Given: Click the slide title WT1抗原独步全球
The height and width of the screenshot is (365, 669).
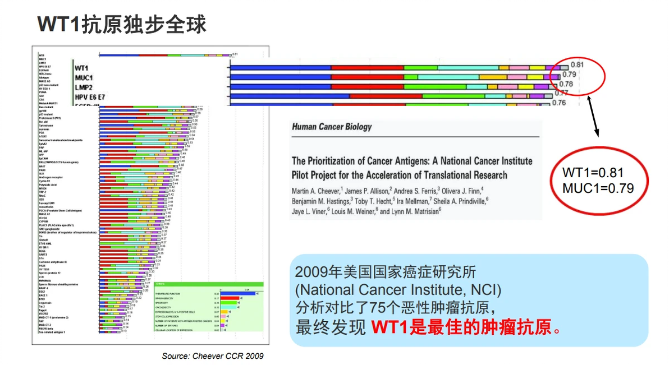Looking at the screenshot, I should (121, 24).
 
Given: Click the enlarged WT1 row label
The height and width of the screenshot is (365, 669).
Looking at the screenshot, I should (83, 68).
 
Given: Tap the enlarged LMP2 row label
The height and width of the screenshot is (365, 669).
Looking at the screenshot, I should (85, 87).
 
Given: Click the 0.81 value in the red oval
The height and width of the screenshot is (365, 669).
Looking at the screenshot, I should (578, 64).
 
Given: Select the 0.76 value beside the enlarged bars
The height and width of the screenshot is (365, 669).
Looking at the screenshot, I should (558, 103).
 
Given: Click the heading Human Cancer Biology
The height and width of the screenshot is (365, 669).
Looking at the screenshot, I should (332, 127).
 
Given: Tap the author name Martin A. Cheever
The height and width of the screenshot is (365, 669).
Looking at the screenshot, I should (315, 190).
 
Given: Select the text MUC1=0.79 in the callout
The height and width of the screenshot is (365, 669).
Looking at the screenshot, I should (598, 188).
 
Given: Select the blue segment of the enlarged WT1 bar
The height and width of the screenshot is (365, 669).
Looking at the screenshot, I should (281, 67).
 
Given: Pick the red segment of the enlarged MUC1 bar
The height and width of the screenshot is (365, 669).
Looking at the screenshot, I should (368, 77).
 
